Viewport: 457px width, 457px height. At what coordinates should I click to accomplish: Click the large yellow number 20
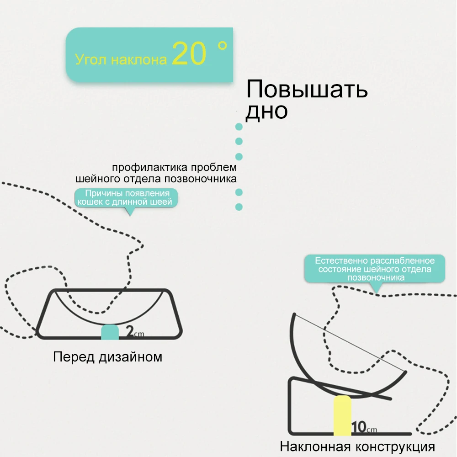point(189,54)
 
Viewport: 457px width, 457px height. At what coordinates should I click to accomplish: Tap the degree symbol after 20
point(223,46)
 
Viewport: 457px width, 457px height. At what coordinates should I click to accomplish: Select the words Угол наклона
point(121,60)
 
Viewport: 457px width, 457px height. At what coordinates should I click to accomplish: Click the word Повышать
point(307,90)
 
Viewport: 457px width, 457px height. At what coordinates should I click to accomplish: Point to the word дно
point(266,111)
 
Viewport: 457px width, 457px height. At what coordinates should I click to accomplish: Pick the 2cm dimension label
point(135,333)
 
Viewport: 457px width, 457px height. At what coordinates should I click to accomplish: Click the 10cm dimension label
point(364,428)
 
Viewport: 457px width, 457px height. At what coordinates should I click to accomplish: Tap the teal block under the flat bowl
point(110,332)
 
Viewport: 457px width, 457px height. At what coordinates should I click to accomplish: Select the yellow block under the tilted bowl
point(342,416)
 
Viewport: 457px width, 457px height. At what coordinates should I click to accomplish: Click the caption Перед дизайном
point(107,356)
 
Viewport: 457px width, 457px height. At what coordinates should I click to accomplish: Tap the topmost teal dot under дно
point(238,127)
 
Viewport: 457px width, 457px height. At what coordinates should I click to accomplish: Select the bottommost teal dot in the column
point(238,207)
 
